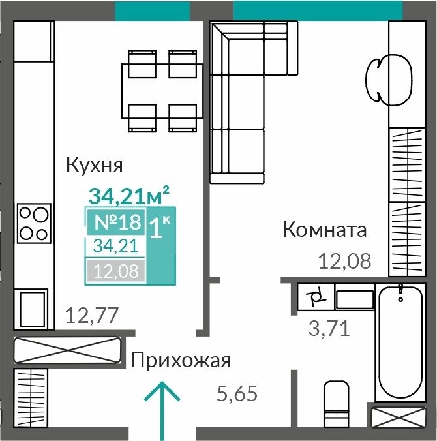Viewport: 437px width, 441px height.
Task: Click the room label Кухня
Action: click(94, 166)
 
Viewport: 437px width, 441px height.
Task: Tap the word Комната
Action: click(325, 230)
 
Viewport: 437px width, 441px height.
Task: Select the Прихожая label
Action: click(181, 361)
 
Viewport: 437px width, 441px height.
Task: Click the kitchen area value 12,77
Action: click(92, 315)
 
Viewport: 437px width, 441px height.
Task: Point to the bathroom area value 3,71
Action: click(329, 328)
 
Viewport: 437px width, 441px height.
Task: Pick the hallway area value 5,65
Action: click(237, 393)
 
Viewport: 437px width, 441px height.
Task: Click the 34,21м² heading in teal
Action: click(128, 195)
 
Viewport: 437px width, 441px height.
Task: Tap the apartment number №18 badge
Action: click(116, 222)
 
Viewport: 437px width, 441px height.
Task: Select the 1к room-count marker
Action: click(159, 227)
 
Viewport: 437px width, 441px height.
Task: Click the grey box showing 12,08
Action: click(116, 271)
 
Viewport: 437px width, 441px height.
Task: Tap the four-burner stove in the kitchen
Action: click(34, 223)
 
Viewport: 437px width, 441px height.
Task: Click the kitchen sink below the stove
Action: click(33, 309)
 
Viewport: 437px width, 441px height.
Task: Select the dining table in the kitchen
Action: click(162, 91)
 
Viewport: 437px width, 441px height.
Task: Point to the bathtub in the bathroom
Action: click(400, 342)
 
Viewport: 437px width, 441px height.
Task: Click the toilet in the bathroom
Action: click(337, 404)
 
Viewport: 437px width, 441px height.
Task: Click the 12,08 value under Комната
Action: click(344, 262)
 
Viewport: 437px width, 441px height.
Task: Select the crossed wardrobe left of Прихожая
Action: click(67, 350)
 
